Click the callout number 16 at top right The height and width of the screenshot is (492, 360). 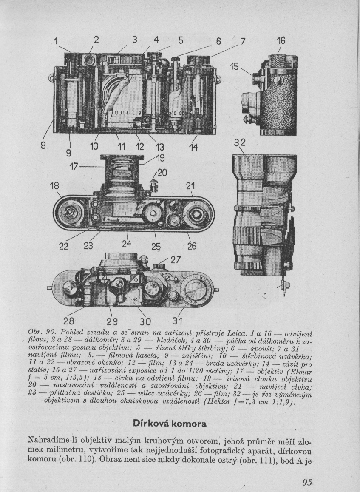[x=281, y=41]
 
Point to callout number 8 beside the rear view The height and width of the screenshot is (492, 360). [x=43, y=145]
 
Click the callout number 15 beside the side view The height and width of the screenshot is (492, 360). [x=235, y=66]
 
